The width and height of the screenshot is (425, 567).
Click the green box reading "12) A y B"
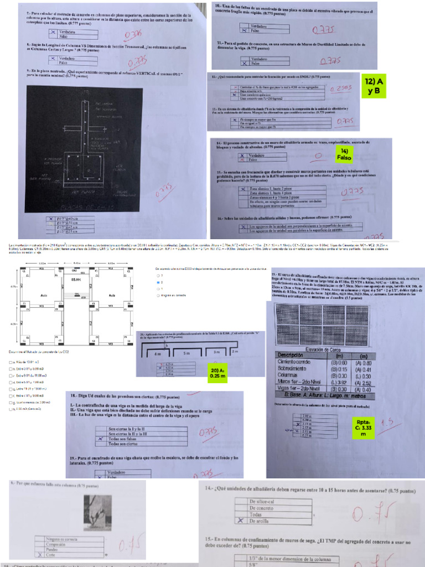(x=375, y=86)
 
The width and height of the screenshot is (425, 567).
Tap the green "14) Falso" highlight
(x=343, y=153)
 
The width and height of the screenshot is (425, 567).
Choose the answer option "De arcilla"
(x=261, y=521)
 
